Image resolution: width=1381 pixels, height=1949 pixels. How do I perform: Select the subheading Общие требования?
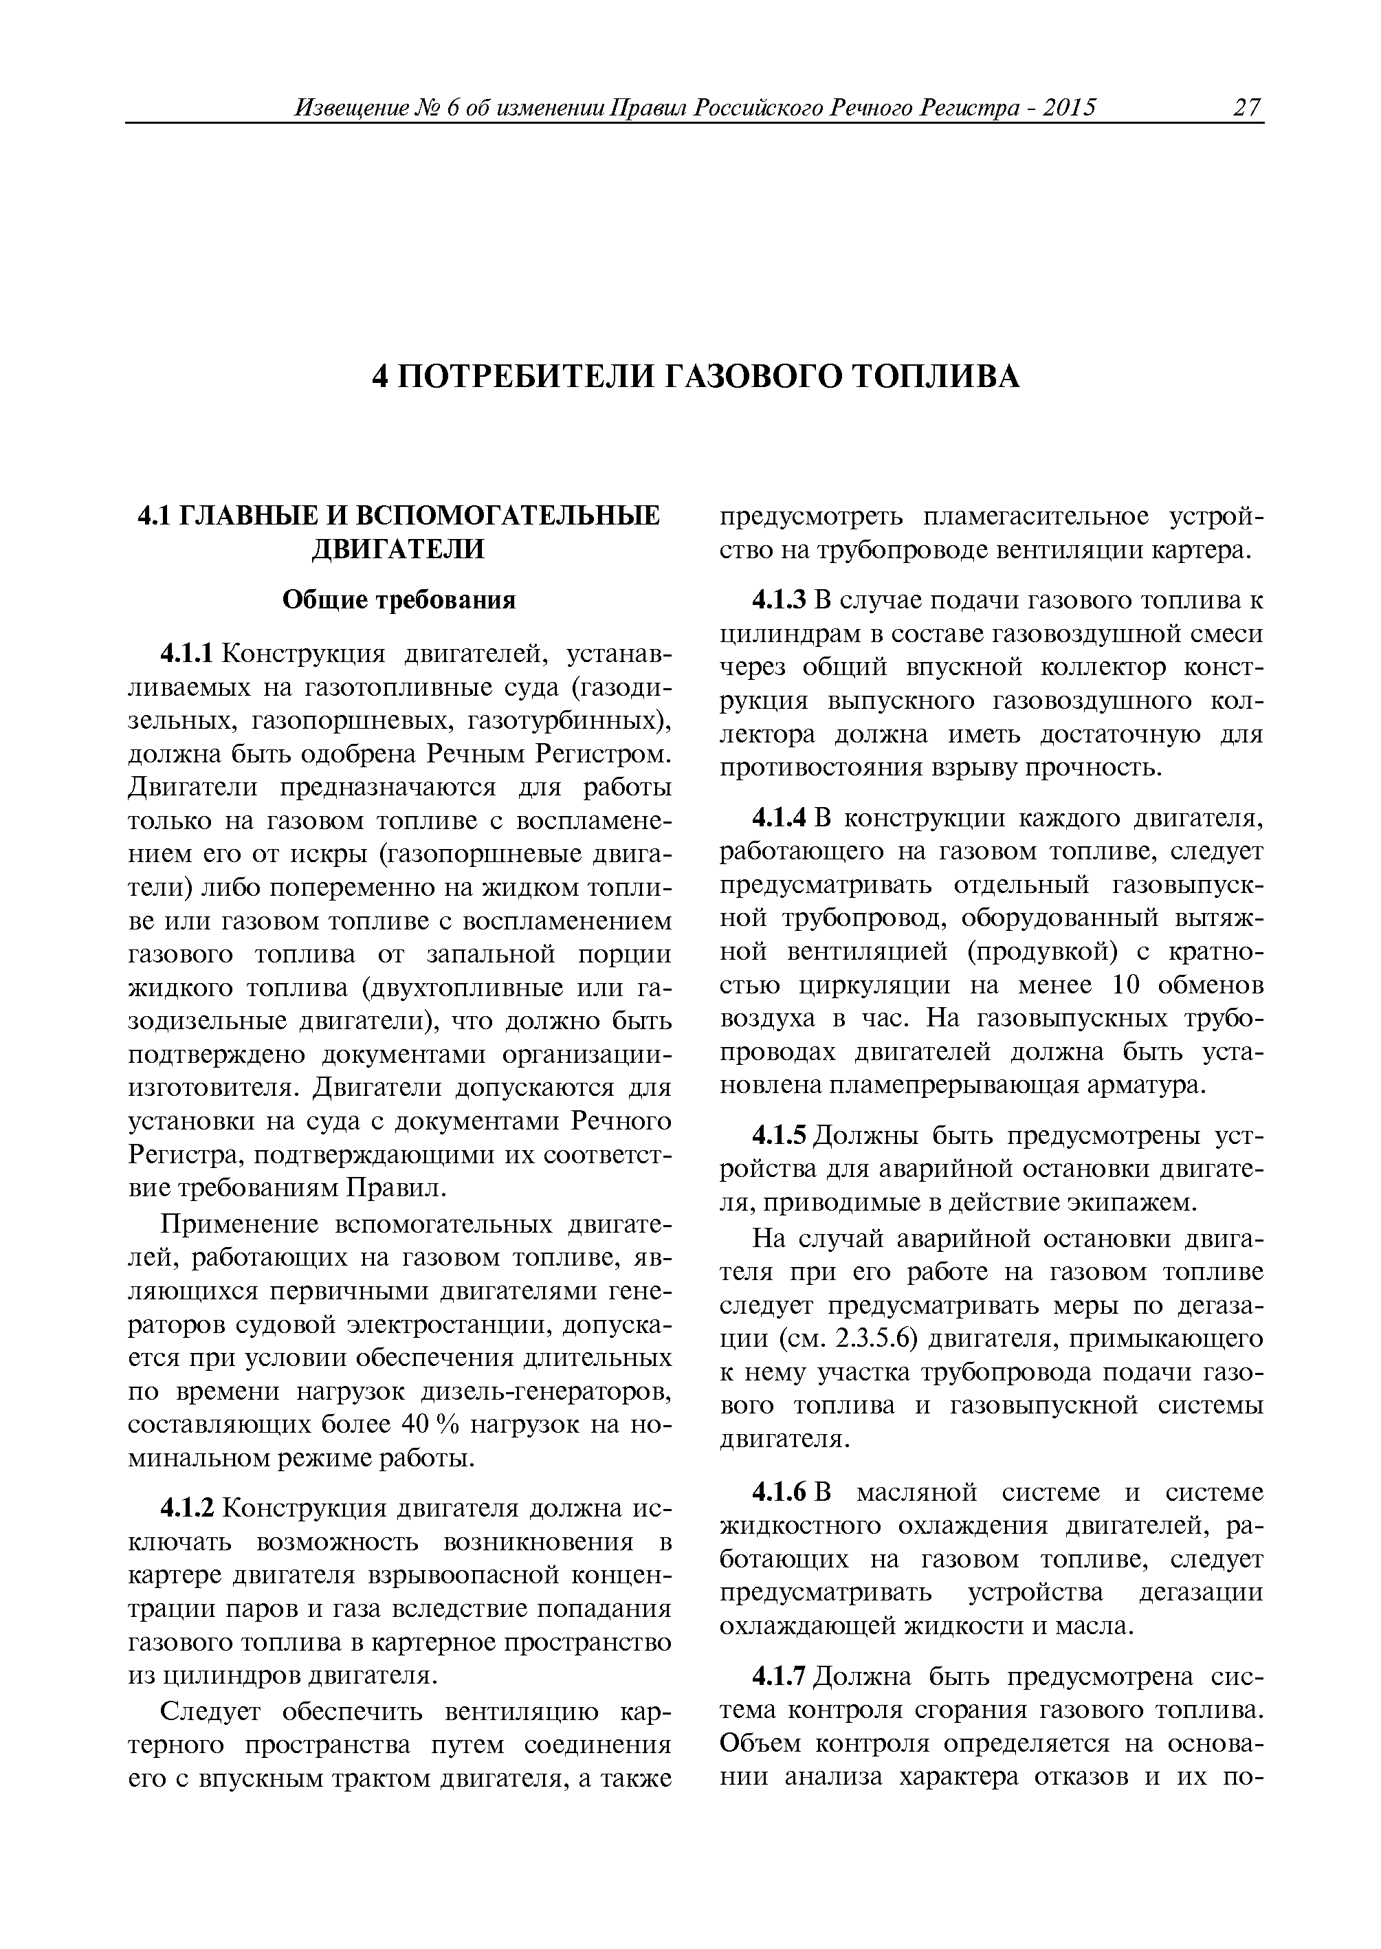399,600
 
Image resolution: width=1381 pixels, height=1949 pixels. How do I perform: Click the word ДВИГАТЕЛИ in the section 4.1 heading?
398,549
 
